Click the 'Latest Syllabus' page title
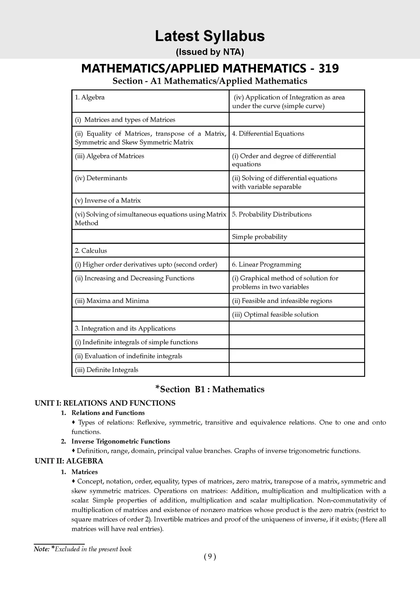(210, 36)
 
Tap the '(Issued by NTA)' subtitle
(210, 52)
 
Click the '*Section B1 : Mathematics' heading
(210, 389)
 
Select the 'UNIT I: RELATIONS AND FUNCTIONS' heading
(105, 403)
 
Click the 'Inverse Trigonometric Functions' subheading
(121, 442)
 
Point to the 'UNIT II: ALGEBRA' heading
(69, 461)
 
